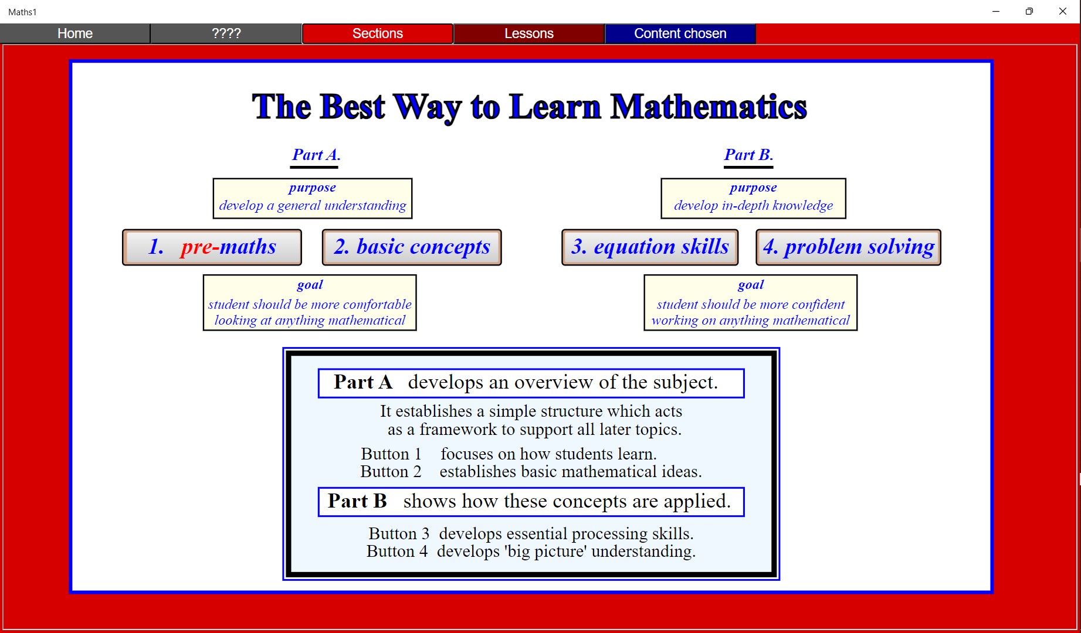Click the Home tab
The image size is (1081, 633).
[x=75, y=33]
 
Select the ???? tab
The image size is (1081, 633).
[x=226, y=33]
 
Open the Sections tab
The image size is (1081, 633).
[x=378, y=33]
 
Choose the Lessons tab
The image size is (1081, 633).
[x=529, y=33]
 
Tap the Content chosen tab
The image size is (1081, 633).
[x=680, y=33]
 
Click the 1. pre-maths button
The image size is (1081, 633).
[x=212, y=247]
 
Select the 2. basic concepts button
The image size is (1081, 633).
[x=412, y=247]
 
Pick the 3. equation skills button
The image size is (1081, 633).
[x=650, y=247]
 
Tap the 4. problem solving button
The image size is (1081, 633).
[x=848, y=247]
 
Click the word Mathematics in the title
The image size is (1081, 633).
[x=709, y=107]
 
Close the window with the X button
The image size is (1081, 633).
[x=1062, y=11]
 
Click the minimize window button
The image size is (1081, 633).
[x=995, y=11]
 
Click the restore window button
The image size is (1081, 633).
[x=1029, y=11]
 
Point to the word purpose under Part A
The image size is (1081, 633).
[x=312, y=188]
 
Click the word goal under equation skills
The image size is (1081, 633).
[x=751, y=285]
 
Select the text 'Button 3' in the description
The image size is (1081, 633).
[x=399, y=533]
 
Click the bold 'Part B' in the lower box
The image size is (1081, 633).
[x=357, y=501]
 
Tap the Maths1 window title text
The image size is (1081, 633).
[x=22, y=12]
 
